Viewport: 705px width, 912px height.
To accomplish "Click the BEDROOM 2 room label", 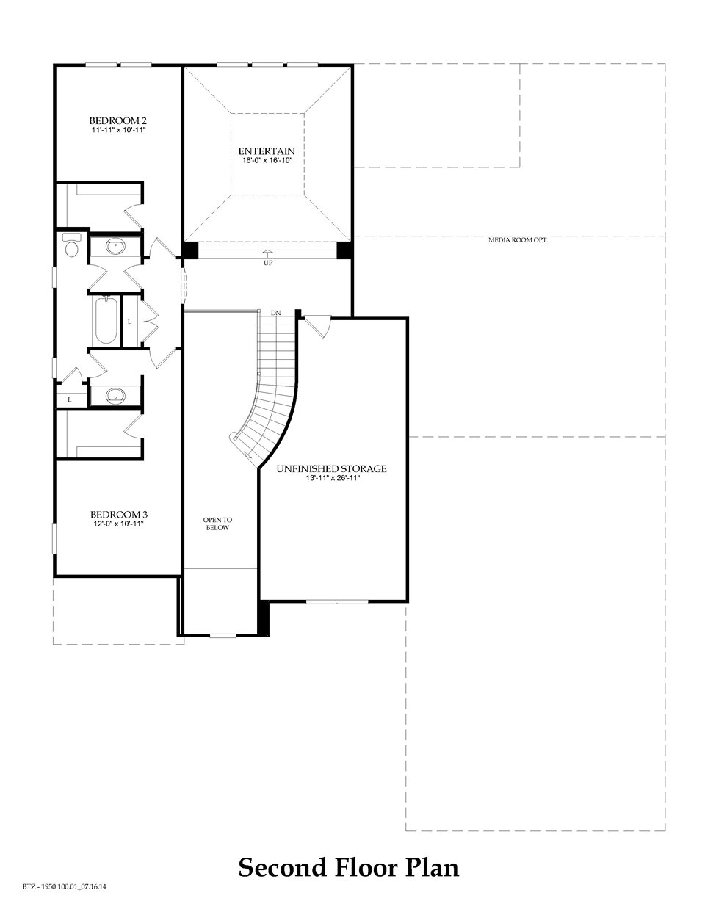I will pyautogui.click(x=114, y=120).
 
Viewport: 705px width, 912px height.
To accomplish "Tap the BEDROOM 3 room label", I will pyautogui.click(x=114, y=514).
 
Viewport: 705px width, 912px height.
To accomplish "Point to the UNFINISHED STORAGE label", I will pyautogui.click(x=331, y=468).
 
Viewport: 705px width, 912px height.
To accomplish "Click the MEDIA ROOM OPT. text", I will pyautogui.click(x=518, y=240).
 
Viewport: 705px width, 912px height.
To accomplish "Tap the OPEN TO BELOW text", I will pyautogui.click(x=217, y=524).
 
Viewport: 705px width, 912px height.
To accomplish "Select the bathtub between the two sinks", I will pyautogui.click(x=106, y=319).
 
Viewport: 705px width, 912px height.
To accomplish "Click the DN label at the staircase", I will pyautogui.click(x=276, y=314).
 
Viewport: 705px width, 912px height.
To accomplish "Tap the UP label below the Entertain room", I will pyautogui.click(x=267, y=263).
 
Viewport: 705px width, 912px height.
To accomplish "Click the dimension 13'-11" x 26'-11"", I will pyautogui.click(x=331, y=478).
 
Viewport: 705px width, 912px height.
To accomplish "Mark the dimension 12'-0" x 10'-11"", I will pyautogui.click(x=114, y=524).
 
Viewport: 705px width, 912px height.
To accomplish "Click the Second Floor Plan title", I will pyautogui.click(x=349, y=868).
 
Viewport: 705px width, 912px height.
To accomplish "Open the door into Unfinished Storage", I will pyautogui.click(x=317, y=326).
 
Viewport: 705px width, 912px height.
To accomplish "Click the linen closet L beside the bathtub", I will pyautogui.click(x=130, y=321).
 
